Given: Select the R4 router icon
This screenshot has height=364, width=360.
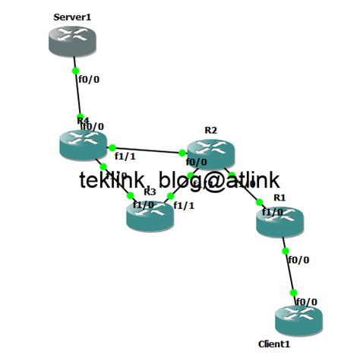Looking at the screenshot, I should click(x=84, y=143).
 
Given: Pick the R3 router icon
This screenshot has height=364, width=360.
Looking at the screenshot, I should click(x=150, y=215).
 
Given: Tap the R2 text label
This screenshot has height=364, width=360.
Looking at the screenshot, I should click(x=210, y=131).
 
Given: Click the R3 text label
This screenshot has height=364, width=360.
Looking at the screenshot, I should click(x=150, y=191).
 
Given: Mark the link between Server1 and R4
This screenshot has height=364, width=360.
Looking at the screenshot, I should click(x=77, y=93).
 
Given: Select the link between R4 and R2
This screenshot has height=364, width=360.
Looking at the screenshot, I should click(x=148, y=150).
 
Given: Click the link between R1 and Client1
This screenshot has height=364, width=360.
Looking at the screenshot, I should click(x=289, y=270).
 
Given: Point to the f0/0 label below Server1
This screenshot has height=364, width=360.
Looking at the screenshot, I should click(x=89, y=78).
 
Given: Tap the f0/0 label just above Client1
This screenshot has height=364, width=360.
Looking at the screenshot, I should click(x=306, y=302).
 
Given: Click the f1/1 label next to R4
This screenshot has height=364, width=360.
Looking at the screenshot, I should click(x=125, y=157).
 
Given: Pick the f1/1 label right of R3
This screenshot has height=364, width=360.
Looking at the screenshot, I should click(x=184, y=205).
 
